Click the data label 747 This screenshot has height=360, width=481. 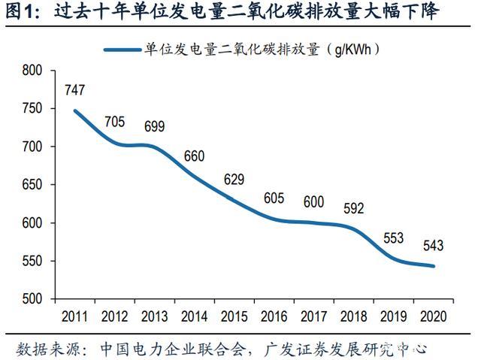(x=74, y=90)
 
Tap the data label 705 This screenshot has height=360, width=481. (x=114, y=122)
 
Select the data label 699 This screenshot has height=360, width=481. (x=154, y=126)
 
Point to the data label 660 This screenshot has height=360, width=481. (x=194, y=157)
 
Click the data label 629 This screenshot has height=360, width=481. (x=234, y=180)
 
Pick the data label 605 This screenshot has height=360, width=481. (x=274, y=198)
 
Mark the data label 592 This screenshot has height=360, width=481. (x=353, y=208)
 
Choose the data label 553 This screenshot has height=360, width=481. (x=393, y=238)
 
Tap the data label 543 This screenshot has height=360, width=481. (x=433, y=246)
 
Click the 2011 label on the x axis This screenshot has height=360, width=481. (x=74, y=315)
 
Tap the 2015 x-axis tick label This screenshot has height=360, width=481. (x=234, y=315)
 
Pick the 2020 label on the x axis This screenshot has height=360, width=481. (x=434, y=315)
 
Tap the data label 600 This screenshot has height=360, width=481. (x=314, y=201)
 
